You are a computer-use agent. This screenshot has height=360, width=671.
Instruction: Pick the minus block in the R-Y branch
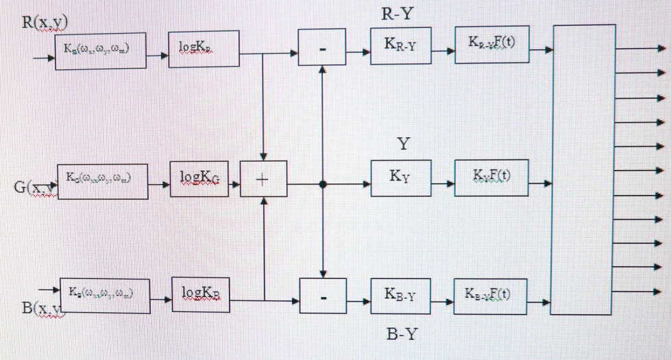(x=322, y=49)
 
